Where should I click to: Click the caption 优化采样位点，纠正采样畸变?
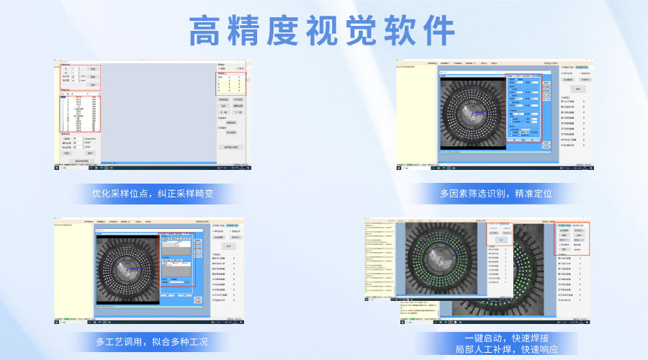(153, 194)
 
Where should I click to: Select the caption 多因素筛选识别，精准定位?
(496, 194)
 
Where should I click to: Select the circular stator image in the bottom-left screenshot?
(127, 266)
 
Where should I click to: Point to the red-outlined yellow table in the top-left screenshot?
(230, 84)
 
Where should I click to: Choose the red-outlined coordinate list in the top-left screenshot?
(79, 112)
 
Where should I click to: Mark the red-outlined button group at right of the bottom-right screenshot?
(574, 238)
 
